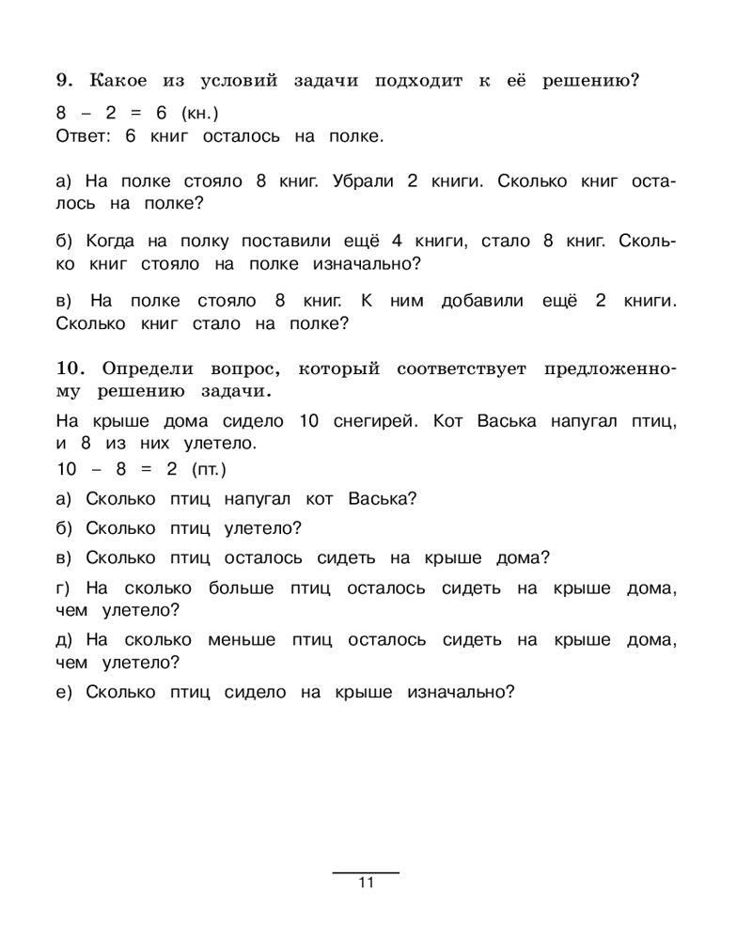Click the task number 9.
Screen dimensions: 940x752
click(x=64, y=81)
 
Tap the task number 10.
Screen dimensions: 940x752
click(x=72, y=367)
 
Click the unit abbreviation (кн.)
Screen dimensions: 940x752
click(x=199, y=113)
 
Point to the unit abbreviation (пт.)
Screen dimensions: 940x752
click(x=209, y=468)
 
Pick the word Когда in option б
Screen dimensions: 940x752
click(x=111, y=242)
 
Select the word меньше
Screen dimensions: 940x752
click(x=243, y=640)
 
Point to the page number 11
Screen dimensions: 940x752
click(x=366, y=883)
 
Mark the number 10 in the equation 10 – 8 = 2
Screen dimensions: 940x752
click(x=68, y=468)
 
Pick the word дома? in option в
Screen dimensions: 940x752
click(x=525, y=557)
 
